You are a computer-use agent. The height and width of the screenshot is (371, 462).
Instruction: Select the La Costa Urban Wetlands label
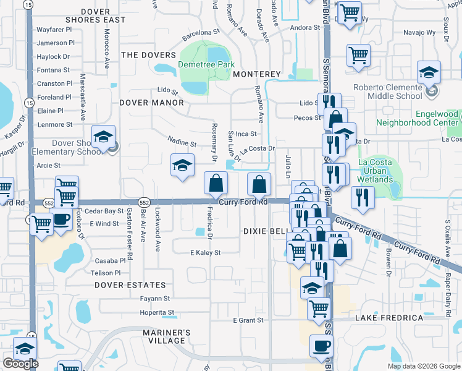(x=376, y=171)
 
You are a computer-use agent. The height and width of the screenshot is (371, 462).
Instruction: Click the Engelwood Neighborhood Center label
(x=419, y=119)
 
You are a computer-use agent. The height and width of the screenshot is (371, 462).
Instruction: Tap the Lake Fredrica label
(x=389, y=318)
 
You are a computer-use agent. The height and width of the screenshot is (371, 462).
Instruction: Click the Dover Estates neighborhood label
(x=130, y=285)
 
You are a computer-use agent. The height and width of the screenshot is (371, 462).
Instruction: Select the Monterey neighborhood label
(x=258, y=74)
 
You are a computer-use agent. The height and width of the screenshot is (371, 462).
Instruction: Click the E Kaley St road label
(x=205, y=253)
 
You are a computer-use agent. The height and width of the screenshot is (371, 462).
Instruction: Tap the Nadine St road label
(x=183, y=144)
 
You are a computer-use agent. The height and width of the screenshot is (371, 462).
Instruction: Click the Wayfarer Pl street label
(x=55, y=29)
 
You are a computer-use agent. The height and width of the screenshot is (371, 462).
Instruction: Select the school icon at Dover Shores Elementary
(x=103, y=136)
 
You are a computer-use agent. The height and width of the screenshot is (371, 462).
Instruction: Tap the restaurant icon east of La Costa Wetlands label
(x=362, y=197)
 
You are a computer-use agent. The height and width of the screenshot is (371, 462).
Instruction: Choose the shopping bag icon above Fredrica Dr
(x=216, y=183)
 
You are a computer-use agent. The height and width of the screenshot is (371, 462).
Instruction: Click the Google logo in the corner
(x=21, y=364)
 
